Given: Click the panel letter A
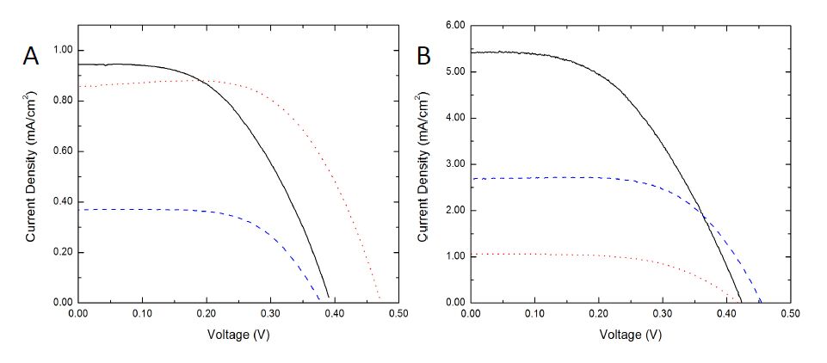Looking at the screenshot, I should tap(30, 57).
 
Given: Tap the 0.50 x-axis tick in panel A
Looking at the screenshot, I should tap(398, 314).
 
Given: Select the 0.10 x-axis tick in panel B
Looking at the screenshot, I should tap(534, 314).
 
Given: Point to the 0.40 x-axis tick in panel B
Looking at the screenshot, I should tap(726, 314).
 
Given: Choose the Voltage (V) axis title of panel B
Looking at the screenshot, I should tap(630, 334).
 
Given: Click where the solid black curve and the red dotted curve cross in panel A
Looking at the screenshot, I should tap(197, 81).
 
